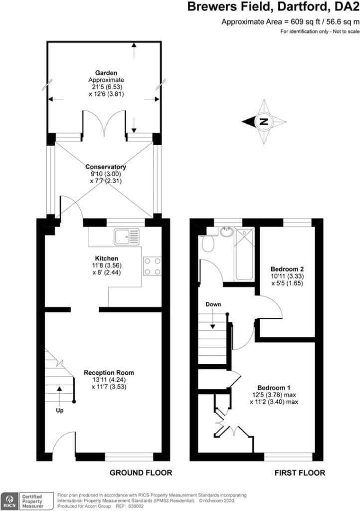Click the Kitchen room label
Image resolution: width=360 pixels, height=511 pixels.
click(106, 258)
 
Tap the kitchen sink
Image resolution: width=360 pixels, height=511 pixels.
click(127, 237)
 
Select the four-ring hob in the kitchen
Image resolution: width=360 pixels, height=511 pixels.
click(152, 266)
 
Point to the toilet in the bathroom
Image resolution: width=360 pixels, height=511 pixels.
click(207, 243)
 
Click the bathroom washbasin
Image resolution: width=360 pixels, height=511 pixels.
click(226, 232)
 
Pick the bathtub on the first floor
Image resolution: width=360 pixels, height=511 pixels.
click(244, 254)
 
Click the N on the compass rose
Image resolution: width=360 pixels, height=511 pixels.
click(264, 122)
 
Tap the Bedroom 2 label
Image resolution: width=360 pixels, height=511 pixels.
click(287, 269)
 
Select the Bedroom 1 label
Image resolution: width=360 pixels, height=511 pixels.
click(273, 388)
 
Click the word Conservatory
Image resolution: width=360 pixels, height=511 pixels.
click(106, 167)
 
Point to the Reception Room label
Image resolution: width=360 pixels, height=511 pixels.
click(109, 372)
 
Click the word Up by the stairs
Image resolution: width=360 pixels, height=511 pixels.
click(59, 411)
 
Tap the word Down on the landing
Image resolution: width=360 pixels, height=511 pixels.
click(213, 304)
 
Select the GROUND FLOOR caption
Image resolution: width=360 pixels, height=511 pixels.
click(141, 473)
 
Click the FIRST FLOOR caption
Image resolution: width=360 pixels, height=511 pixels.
click(300, 473)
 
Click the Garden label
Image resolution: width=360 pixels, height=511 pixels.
click(106, 73)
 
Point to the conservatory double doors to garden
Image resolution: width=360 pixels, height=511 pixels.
click(104, 124)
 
